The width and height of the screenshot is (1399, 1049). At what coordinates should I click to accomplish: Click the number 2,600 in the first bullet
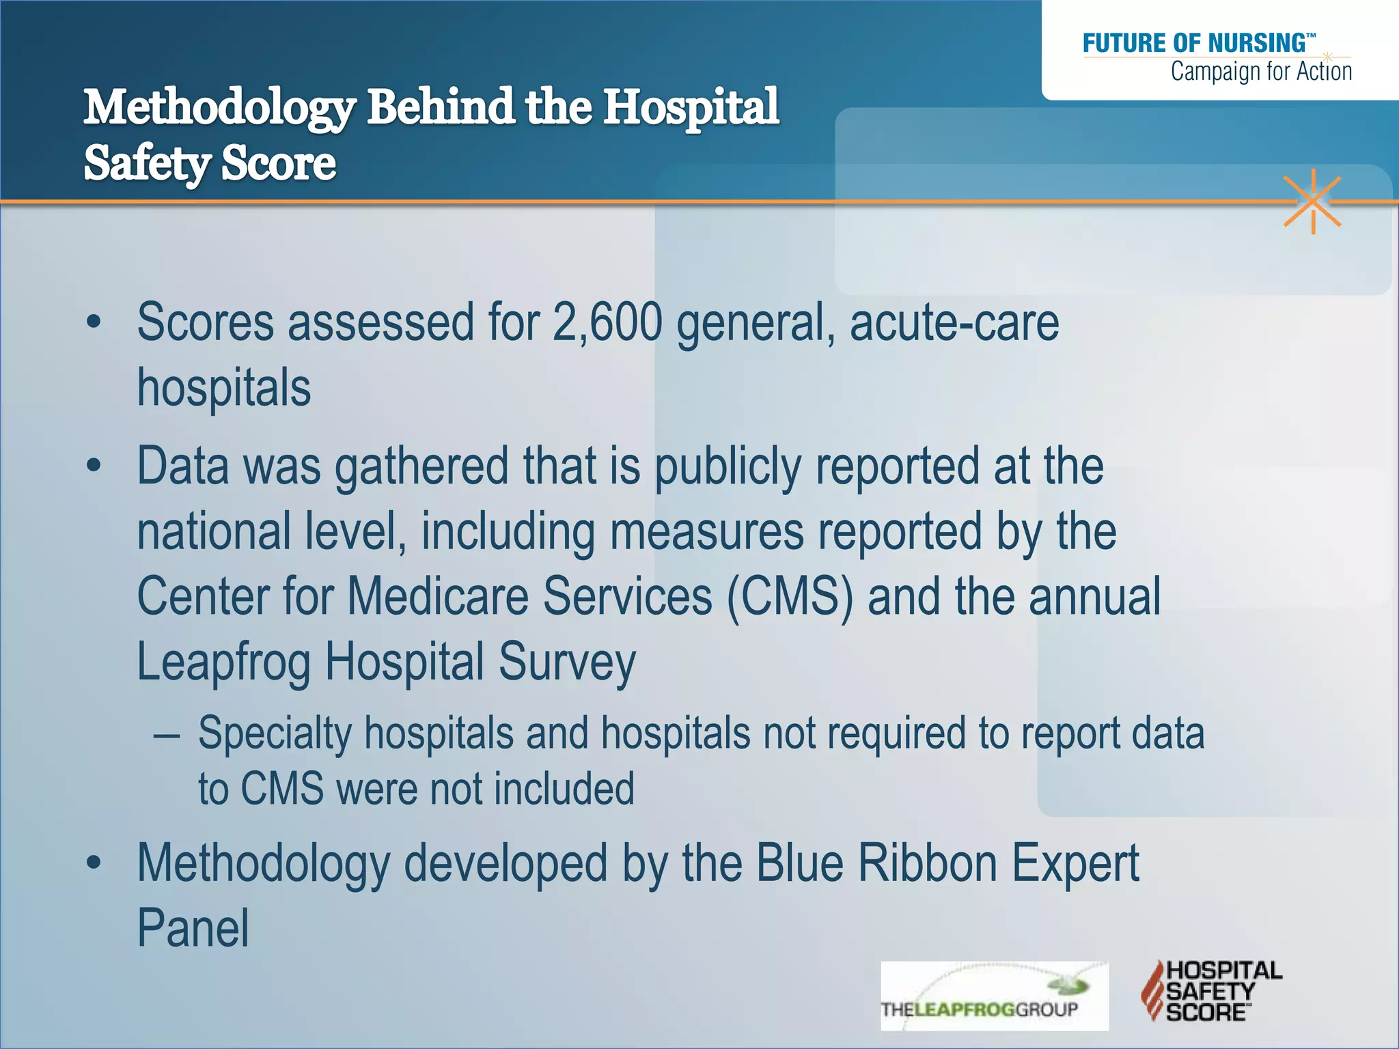click(607, 322)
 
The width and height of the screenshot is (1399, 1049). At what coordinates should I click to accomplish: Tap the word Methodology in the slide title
click(219, 108)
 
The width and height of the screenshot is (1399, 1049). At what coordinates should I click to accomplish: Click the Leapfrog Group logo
click(994, 996)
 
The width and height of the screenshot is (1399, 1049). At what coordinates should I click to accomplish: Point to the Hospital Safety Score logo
click(1211, 991)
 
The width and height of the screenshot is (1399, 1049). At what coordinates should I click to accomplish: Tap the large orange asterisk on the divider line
click(1312, 201)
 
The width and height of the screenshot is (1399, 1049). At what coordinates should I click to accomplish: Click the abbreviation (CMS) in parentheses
click(790, 596)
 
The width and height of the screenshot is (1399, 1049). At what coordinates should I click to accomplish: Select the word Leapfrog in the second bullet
click(223, 662)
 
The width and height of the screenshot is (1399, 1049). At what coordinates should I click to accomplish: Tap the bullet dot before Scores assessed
click(94, 322)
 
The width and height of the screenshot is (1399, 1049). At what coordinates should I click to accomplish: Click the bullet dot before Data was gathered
click(94, 466)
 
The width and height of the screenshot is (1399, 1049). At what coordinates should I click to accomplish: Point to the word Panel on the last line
click(193, 928)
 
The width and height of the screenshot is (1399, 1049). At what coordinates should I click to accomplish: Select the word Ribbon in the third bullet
click(928, 863)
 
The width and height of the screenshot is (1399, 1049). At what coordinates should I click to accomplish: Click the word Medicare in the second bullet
click(438, 596)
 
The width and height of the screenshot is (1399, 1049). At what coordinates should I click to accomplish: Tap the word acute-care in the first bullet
click(954, 322)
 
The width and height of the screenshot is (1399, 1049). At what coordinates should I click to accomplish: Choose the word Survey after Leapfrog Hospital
click(567, 662)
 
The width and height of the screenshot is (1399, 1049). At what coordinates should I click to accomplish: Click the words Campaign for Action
click(1261, 72)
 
